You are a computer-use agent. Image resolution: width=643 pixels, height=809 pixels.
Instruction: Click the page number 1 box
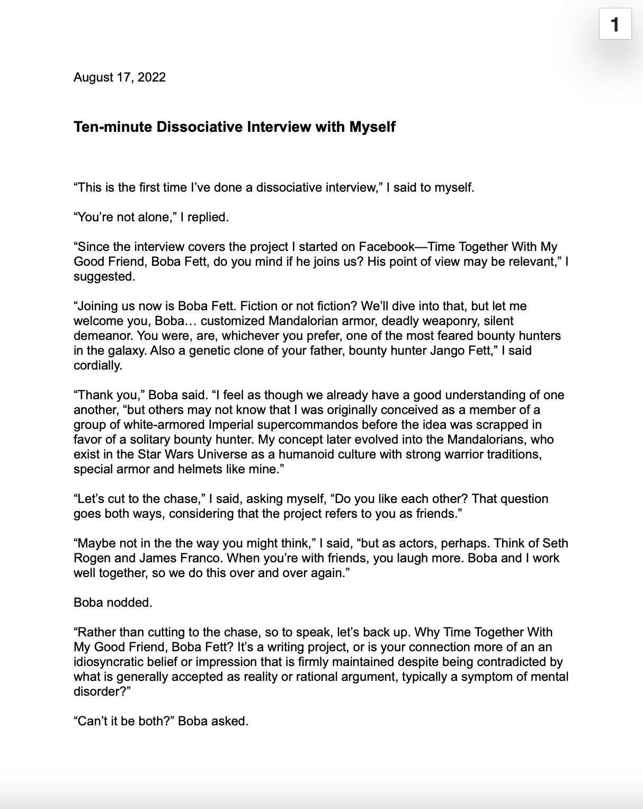[615, 24]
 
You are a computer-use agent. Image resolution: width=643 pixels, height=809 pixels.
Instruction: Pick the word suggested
[104, 276]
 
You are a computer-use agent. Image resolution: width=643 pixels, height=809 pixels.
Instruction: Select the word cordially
[97, 365]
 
